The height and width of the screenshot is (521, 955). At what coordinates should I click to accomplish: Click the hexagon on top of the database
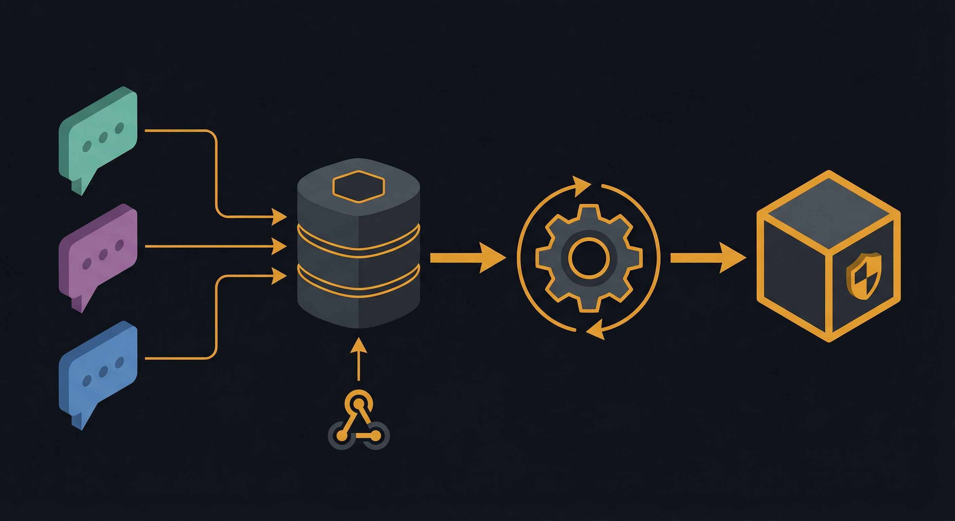click(x=358, y=187)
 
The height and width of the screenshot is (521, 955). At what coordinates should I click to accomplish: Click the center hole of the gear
click(x=589, y=258)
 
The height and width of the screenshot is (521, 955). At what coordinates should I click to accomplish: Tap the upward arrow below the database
click(x=358, y=358)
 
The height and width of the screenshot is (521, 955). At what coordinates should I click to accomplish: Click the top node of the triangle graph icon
click(x=358, y=403)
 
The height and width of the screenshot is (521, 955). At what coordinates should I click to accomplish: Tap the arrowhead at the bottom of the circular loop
click(x=596, y=331)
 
